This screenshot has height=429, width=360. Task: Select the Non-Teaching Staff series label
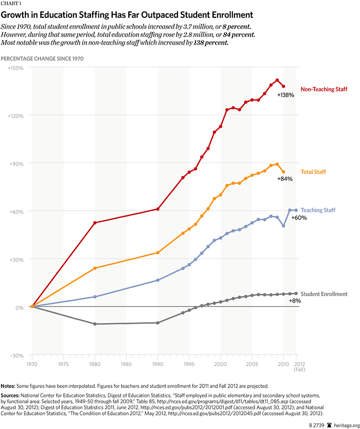[324, 89]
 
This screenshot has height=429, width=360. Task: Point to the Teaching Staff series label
[318, 210]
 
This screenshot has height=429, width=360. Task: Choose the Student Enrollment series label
[325, 294]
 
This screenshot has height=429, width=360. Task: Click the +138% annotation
[285, 95]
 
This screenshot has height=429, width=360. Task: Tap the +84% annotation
[285, 179]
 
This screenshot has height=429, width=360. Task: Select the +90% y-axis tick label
[17, 163]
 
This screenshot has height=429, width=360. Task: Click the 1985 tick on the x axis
[126, 364]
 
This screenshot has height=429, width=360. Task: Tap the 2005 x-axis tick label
[252, 364]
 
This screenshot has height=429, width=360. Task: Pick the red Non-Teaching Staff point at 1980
[95, 223]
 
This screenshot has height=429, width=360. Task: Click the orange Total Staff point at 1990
[157, 252]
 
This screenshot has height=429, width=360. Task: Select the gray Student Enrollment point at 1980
[95, 324]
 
